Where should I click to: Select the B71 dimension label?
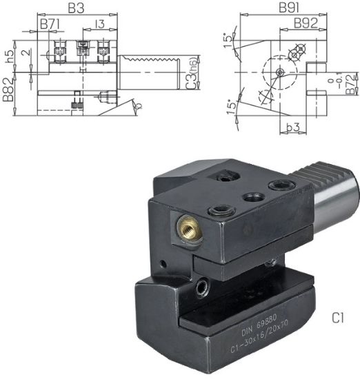pos(50,24)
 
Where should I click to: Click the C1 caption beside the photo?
pos(338,318)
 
